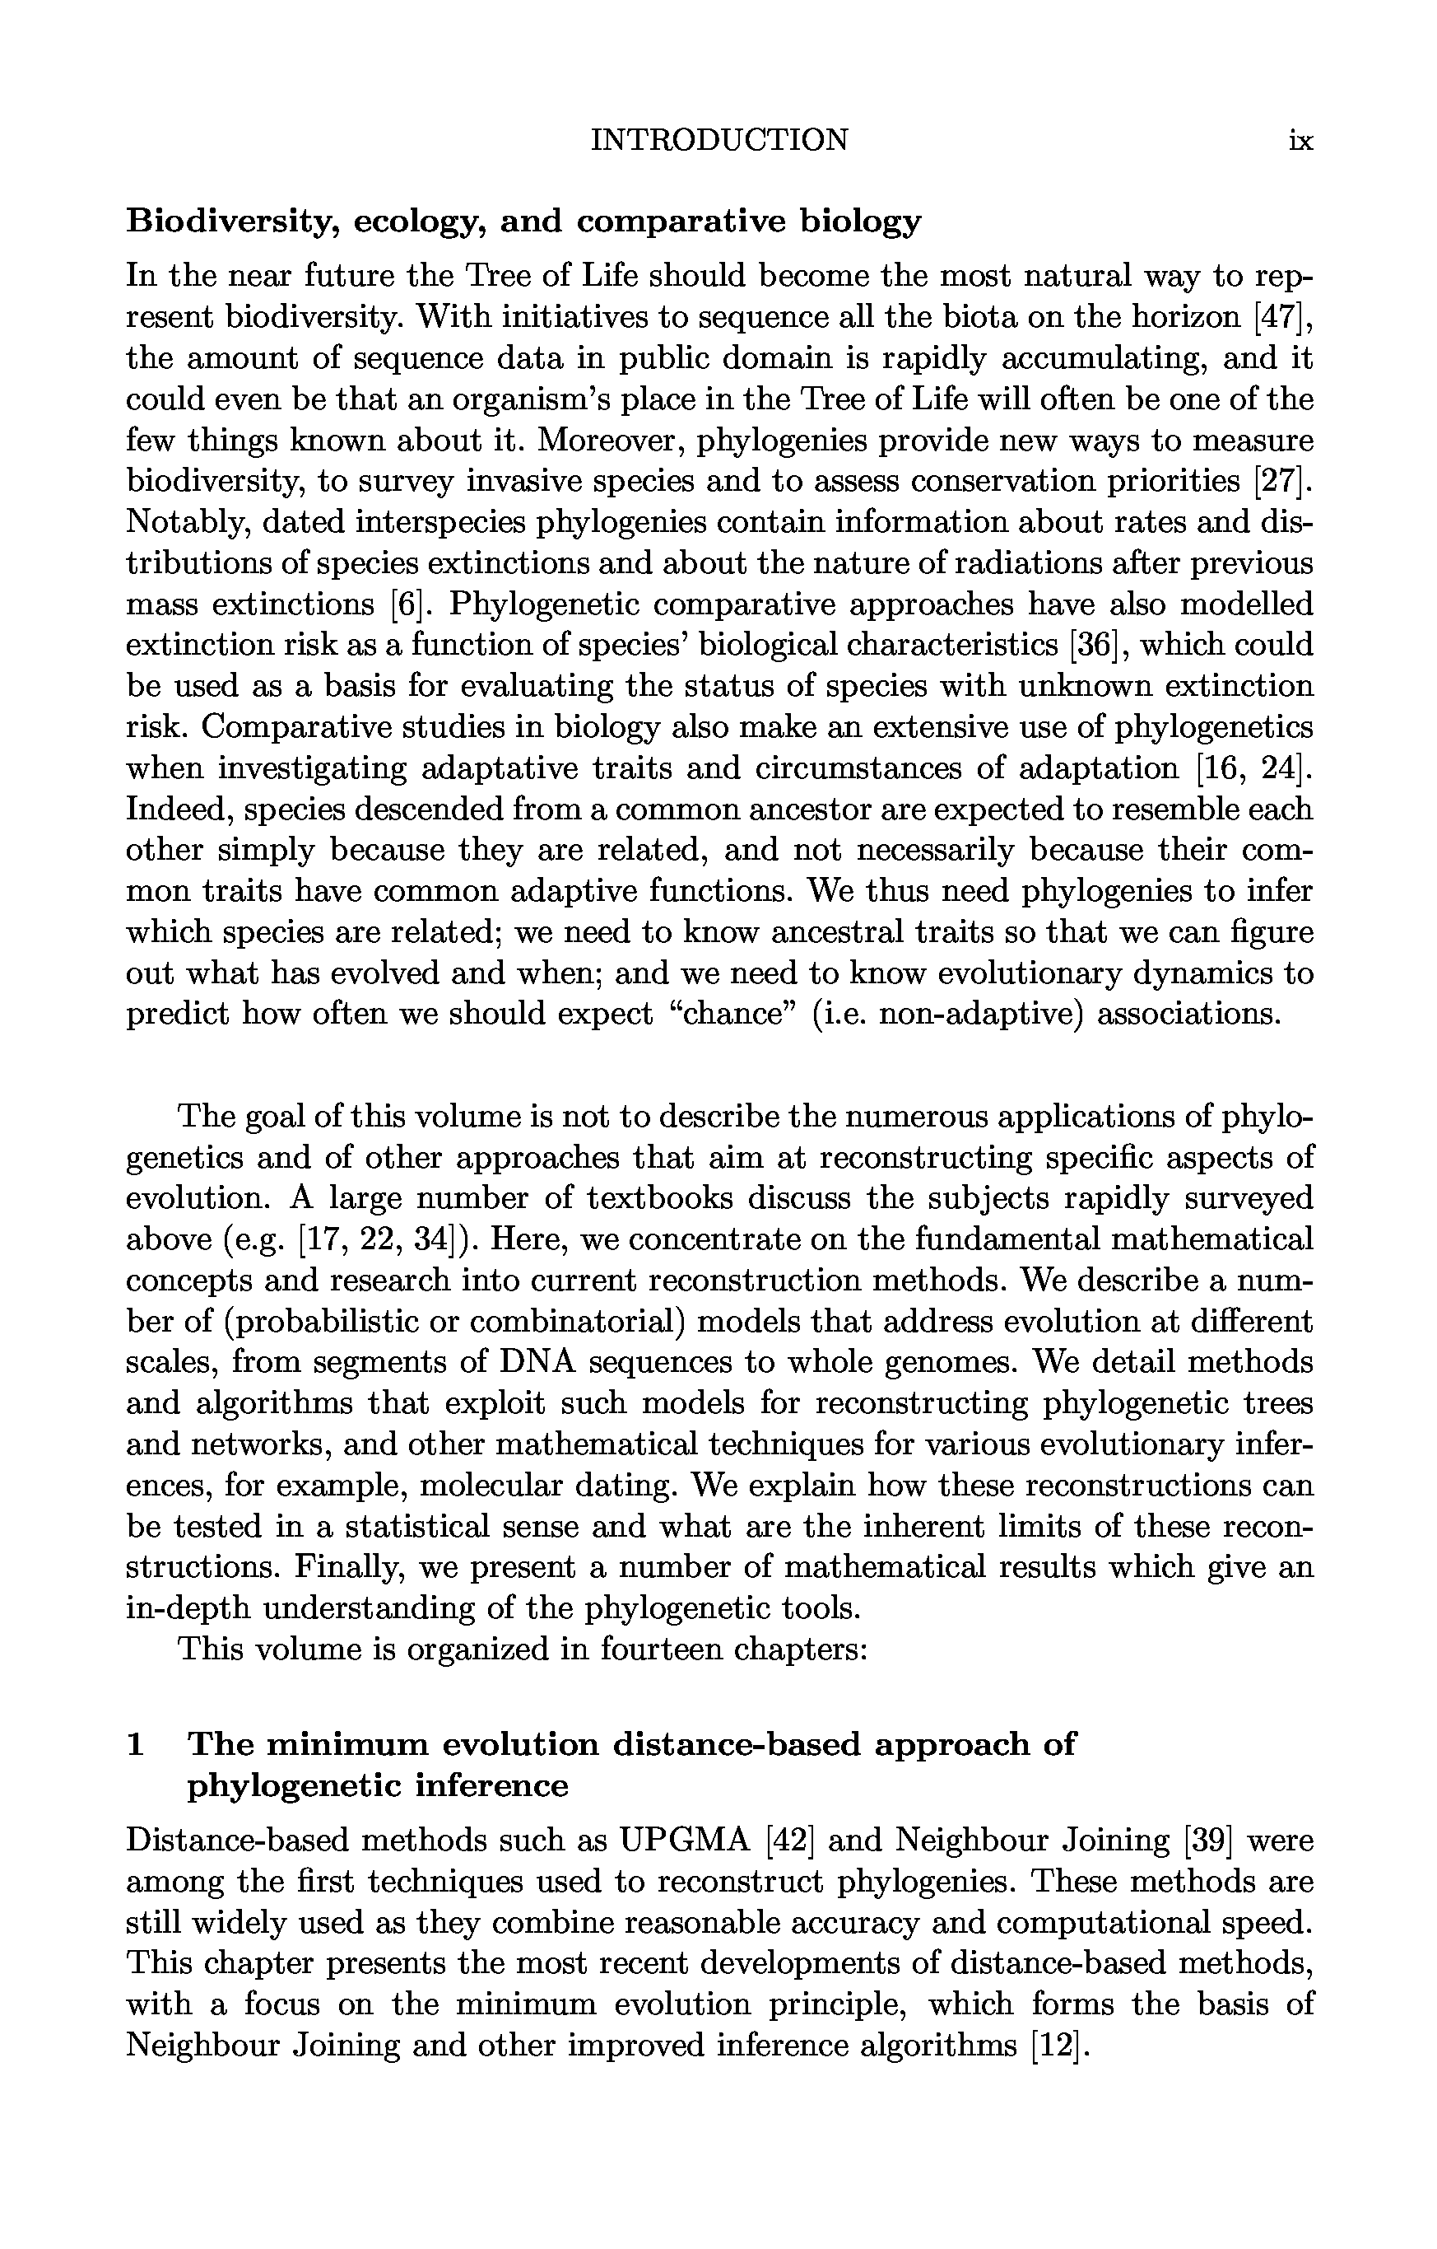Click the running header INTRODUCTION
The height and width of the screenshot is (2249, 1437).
click(720, 140)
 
